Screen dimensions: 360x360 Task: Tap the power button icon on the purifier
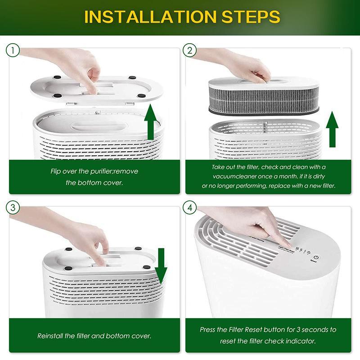point(316,257)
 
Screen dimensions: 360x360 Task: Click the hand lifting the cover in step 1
point(90,72)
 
